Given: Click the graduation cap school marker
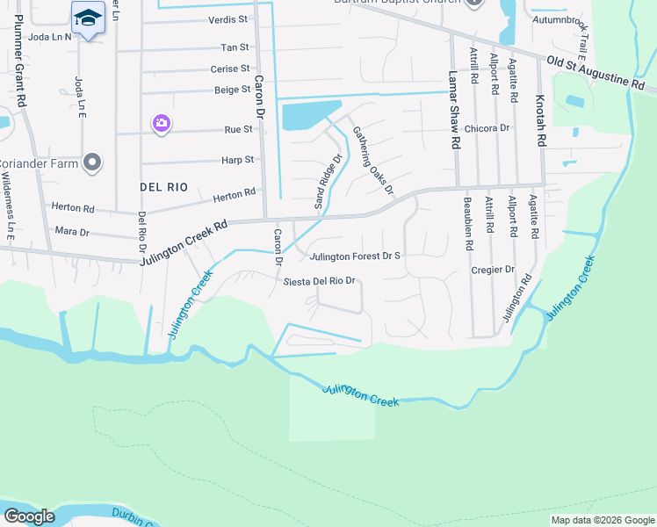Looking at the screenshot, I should pyautogui.click(x=88, y=18).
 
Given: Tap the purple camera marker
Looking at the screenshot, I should pyautogui.click(x=161, y=123).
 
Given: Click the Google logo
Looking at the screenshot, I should pyautogui.click(x=29, y=516).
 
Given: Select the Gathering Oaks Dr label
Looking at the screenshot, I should pyautogui.click(x=373, y=160).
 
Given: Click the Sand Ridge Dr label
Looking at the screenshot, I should pyautogui.click(x=328, y=182).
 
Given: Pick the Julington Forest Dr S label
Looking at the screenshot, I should pyautogui.click(x=355, y=256).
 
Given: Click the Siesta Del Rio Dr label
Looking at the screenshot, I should pyautogui.click(x=318, y=281).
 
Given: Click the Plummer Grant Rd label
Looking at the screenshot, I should pyautogui.click(x=18, y=84).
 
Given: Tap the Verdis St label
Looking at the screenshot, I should pyautogui.click(x=228, y=18).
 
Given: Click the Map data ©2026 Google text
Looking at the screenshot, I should pyautogui.click(x=602, y=520).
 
